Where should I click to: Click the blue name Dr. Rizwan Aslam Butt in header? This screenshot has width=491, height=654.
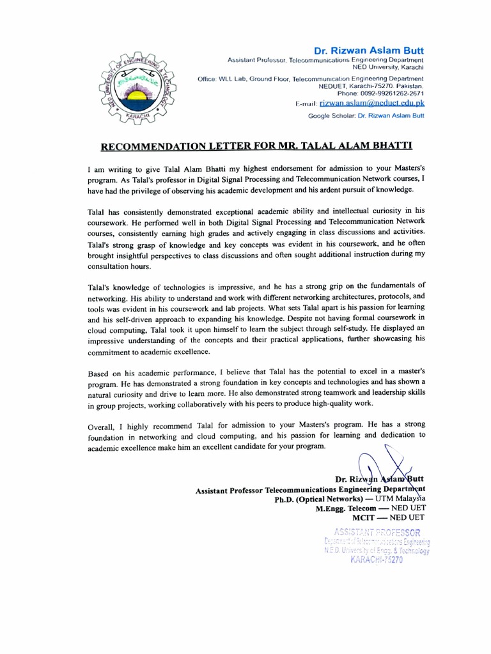[367, 50]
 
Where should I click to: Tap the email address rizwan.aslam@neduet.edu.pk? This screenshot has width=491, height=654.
[371, 103]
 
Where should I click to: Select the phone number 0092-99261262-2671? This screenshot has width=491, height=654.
[384, 93]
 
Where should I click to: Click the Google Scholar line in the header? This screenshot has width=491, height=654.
[366, 116]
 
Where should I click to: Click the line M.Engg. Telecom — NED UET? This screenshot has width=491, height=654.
[369, 509]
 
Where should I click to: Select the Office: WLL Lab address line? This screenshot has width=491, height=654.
[311, 78]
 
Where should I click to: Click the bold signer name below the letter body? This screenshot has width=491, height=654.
[380, 479]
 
